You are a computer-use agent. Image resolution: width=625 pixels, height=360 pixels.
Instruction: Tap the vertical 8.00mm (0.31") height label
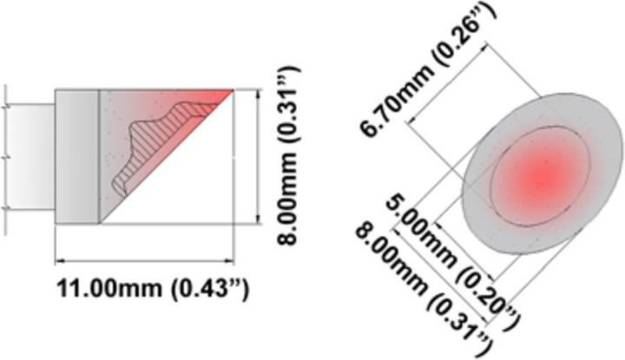(x=289, y=155)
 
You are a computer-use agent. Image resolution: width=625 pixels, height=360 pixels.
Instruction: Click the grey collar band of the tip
(x=77, y=156)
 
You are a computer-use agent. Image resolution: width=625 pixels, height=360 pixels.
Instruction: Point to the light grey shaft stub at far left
(x=30, y=156)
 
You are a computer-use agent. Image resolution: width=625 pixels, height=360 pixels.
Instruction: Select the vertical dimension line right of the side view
(x=259, y=156)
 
